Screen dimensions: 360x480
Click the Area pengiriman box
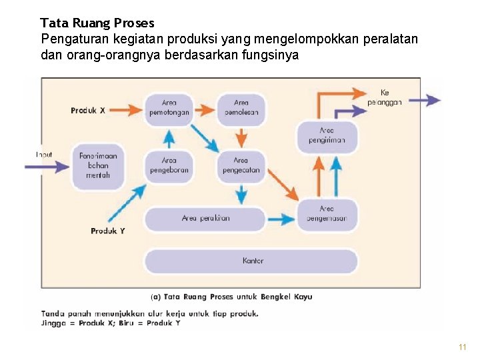tap(327, 136)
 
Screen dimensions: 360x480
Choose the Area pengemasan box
tap(327, 214)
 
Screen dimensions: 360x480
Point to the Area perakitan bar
tap(205, 219)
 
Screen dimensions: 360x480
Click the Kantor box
tap(253, 261)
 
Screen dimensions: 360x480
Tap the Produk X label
tap(88, 111)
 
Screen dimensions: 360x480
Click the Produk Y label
tap(107, 231)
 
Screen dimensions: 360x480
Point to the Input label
tap(44, 155)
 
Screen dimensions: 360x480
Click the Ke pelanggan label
tap(385, 97)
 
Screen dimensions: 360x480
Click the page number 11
tap(463, 347)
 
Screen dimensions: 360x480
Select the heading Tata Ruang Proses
tap(97, 23)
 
